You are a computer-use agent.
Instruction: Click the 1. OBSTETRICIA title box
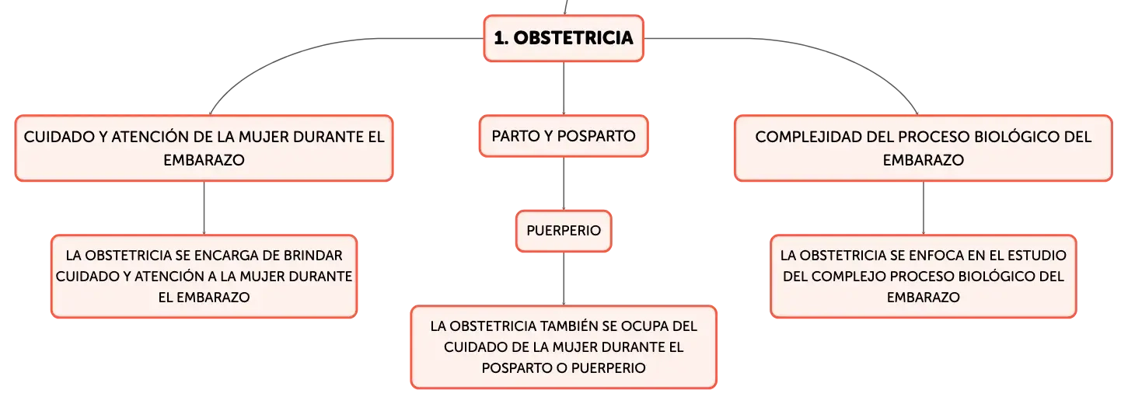tap(564, 38)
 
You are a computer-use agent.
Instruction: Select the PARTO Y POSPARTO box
tap(564, 136)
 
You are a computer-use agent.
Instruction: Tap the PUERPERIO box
tap(564, 231)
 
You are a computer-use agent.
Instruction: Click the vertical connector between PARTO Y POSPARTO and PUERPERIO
tap(564, 183)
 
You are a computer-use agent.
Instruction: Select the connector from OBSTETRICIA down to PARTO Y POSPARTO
tap(564, 89)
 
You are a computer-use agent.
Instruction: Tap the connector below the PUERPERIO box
tap(564, 279)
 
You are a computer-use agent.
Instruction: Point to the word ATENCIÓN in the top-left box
tap(145, 137)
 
